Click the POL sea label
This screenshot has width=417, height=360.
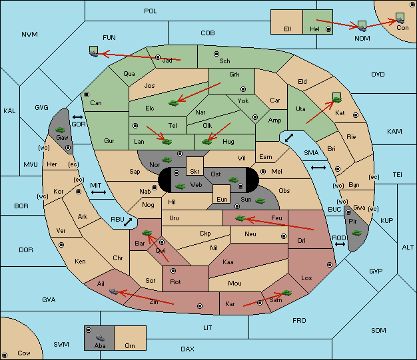click(x=151, y=11)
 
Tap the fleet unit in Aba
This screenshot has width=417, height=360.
click(x=100, y=338)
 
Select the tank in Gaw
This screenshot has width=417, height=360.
click(x=61, y=130)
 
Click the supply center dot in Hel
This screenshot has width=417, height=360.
click(x=328, y=29)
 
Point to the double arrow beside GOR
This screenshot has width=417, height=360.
click(x=78, y=117)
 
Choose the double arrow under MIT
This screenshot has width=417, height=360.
click(x=99, y=192)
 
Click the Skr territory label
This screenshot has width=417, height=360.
click(x=195, y=172)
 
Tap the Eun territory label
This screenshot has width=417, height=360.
click(x=222, y=200)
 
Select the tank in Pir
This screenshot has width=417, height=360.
click(x=356, y=233)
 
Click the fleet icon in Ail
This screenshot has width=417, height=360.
click(x=113, y=291)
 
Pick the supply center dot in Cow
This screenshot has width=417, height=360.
click(x=5, y=355)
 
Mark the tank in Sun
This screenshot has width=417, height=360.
click(x=260, y=201)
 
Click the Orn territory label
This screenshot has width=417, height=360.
click(x=130, y=345)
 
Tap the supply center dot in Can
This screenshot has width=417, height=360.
click(x=87, y=94)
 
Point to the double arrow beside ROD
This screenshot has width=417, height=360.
click(x=340, y=244)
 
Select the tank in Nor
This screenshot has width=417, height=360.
click(x=167, y=160)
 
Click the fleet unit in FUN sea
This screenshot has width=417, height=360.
click(x=94, y=51)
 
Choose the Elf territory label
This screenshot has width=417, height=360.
click(x=288, y=29)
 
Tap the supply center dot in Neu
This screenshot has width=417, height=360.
click(x=284, y=236)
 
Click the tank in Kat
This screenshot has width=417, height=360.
click(x=337, y=98)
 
